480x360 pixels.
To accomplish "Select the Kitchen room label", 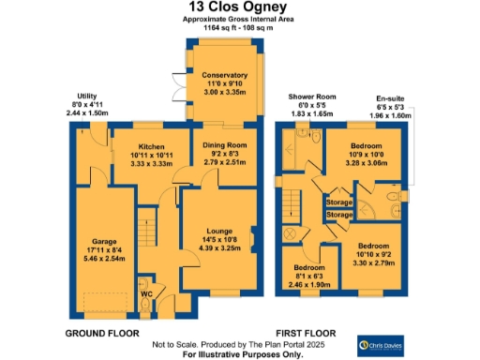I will click(x=151, y=147).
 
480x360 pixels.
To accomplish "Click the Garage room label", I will click(x=104, y=240).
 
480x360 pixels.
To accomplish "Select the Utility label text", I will click(x=87, y=95).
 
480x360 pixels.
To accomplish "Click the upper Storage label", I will click(x=338, y=202).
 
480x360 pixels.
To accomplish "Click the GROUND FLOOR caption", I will click(x=102, y=333).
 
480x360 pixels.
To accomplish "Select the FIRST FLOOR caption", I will click(x=306, y=333).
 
